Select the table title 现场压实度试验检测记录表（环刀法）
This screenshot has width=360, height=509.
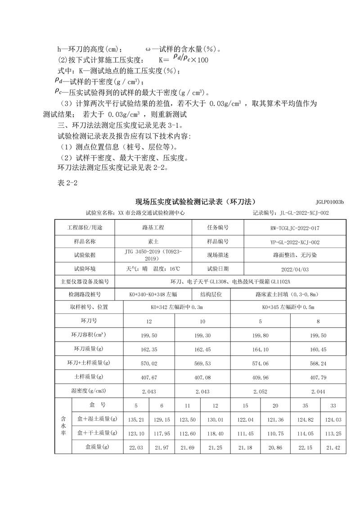pos(198,201)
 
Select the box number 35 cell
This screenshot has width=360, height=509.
pos(305,405)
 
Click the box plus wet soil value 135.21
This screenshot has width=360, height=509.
pos(136,419)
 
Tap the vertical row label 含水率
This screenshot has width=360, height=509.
pos(63,426)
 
